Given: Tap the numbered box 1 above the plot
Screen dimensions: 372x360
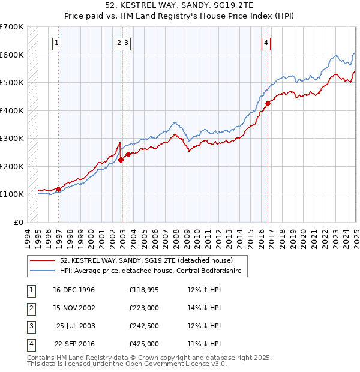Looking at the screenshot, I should [x=56, y=43].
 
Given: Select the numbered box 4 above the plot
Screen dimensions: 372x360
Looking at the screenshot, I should [x=265, y=43].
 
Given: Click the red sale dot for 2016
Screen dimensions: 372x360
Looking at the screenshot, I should [x=268, y=103].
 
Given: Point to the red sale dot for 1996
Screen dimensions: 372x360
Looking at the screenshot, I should [x=59, y=189].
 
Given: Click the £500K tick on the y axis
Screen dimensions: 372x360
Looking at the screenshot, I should [x=12, y=82].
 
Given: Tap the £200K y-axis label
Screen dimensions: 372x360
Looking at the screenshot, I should [x=12, y=166].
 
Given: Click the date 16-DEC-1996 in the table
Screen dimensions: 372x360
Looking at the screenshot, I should [x=73, y=290].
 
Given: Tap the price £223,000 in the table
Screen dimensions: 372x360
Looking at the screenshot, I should [x=144, y=308].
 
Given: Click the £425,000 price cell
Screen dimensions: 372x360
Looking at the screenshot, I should [x=144, y=344].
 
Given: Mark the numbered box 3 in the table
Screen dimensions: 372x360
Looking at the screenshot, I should [x=29, y=326].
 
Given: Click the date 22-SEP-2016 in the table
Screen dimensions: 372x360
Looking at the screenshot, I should [x=73, y=344].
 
